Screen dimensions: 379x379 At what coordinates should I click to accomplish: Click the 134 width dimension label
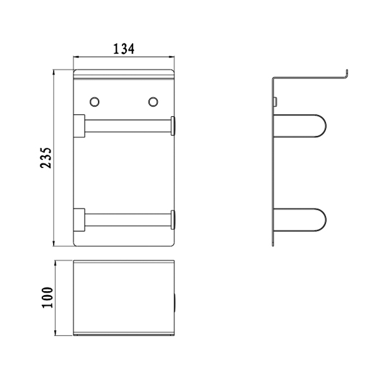pyautogui.click(x=124, y=49)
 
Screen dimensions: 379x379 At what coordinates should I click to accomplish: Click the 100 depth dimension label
pyautogui.click(x=47, y=298)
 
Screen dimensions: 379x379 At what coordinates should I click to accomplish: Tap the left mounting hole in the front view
pyautogui.click(x=95, y=102)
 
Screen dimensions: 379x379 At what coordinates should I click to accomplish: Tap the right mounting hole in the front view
pyautogui.click(x=153, y=102)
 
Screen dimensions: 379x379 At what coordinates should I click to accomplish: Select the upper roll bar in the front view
pyautogui.click(x=128, y=126)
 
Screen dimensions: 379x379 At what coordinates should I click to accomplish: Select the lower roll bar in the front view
pyautogui.click(x=128, y=220)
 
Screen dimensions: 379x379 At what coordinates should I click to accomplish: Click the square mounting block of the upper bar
pyautogui.click(x=79, y=126)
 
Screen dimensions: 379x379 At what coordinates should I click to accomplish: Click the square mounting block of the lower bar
pyautogui.click(x=79, y=220)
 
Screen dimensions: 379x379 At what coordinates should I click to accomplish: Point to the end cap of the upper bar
pyautogui.click(x=173, y=126)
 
